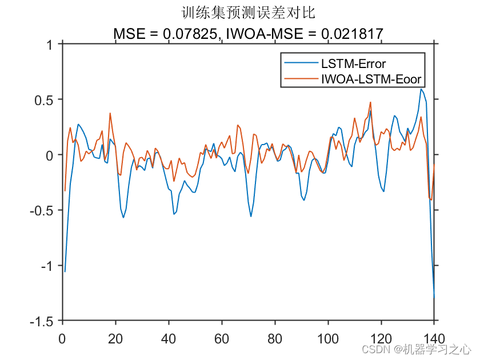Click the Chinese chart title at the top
pos(248,12)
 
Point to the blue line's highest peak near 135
pos(421,89)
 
